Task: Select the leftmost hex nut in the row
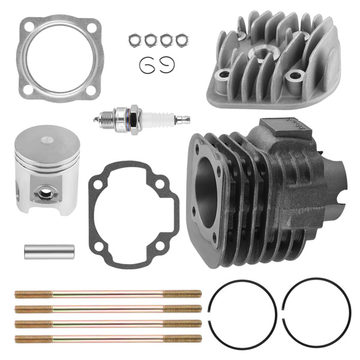(134, 40)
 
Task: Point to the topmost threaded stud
(108, 294)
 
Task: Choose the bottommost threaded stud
(108, 339)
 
